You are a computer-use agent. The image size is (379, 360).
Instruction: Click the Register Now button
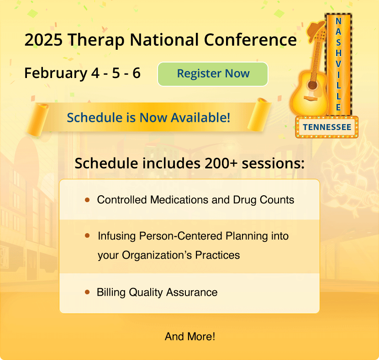point(213,74)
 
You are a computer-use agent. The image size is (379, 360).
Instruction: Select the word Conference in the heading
point(250,40)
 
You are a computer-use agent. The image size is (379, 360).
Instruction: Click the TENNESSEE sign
point(327,127)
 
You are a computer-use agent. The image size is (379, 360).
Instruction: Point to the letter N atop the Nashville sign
point(338,21)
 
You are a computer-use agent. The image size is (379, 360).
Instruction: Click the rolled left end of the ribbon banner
point(38,120)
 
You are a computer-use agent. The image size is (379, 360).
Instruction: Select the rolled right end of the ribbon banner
point(260,114)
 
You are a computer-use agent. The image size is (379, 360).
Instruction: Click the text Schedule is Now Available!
point(148,117)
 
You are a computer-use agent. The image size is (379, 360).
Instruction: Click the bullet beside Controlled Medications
point(87,200)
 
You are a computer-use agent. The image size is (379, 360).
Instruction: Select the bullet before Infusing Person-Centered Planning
point(87,236)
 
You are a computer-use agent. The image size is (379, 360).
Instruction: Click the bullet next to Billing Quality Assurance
point(87,292)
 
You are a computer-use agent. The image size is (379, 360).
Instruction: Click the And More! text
point(189,337)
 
